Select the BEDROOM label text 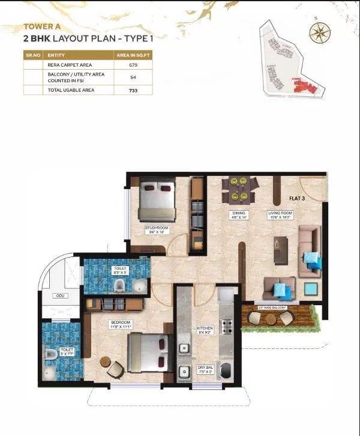119,323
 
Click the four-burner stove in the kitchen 228,327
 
